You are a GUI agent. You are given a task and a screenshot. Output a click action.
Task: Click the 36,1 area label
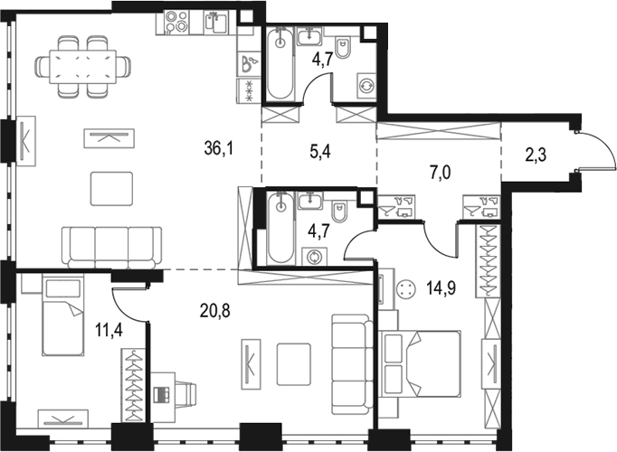point(219,148)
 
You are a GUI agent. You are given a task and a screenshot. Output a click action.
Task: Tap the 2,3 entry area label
point(536,155)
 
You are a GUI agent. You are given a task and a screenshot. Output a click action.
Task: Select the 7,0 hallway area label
point(441,173)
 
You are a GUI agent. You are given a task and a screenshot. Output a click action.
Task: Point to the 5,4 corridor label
point(320,151)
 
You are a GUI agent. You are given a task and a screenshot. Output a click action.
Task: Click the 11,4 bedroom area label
point(109,329)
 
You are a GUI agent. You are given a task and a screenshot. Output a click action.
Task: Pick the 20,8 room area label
point(214,311)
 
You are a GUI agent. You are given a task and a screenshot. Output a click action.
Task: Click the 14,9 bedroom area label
point(441,288)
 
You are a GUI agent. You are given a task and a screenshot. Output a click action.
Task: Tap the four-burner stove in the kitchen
point(176,21)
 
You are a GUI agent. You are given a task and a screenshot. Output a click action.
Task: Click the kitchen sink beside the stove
point(214,23)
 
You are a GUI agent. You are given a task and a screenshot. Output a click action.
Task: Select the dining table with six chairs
point(82,67)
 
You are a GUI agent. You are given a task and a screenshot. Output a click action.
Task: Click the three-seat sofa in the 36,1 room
point(111,248)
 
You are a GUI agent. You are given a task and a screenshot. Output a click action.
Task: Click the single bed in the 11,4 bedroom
point(63,315)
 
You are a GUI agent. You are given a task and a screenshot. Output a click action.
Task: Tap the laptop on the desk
point(163,394)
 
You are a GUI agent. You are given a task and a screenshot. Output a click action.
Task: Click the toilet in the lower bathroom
point(338,211)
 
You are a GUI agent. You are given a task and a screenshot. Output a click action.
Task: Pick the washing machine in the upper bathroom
point(366,85)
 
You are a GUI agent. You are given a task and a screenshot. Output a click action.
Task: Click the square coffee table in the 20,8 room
point(293,364)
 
